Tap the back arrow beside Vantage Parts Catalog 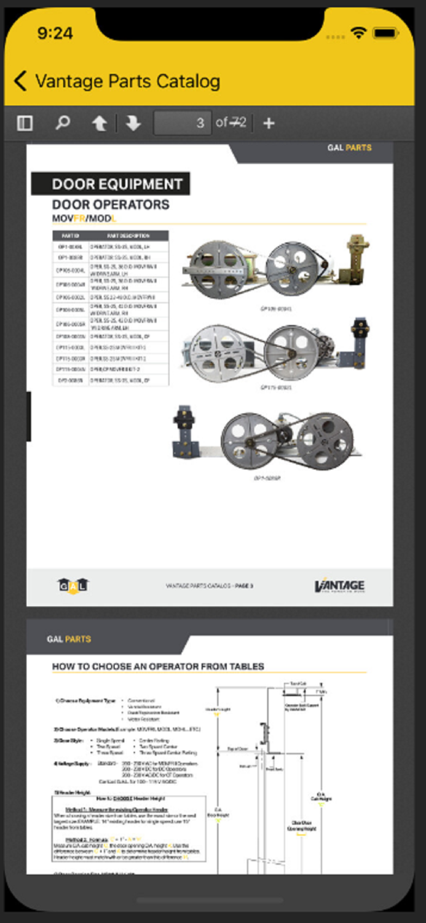[x=20, y=81]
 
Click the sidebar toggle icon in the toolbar [x=25, y=123]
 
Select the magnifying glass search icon [x=62, y=123]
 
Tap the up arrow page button [x=99, y=124]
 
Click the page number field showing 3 [x=183, y=123]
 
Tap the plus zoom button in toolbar [x=269, y=123]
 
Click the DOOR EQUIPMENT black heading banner [x=111, y=184]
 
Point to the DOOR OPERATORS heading [x=111, y=204]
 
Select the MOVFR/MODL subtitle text [x=84, y=218]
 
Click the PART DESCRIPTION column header [x=128, y=236]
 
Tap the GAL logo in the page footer [x=73, y=586]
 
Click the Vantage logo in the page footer [x=339, y=586]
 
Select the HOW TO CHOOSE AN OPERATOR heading [x=158, y=666]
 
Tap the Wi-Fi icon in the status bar [x=358, y=33]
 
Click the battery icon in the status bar [x=385, y=33]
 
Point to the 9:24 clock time [x=55, y=33]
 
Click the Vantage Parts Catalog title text [x=127, y=81]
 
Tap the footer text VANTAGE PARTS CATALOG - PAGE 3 [x=209, y=586]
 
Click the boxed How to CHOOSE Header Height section [x=128, y=829]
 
